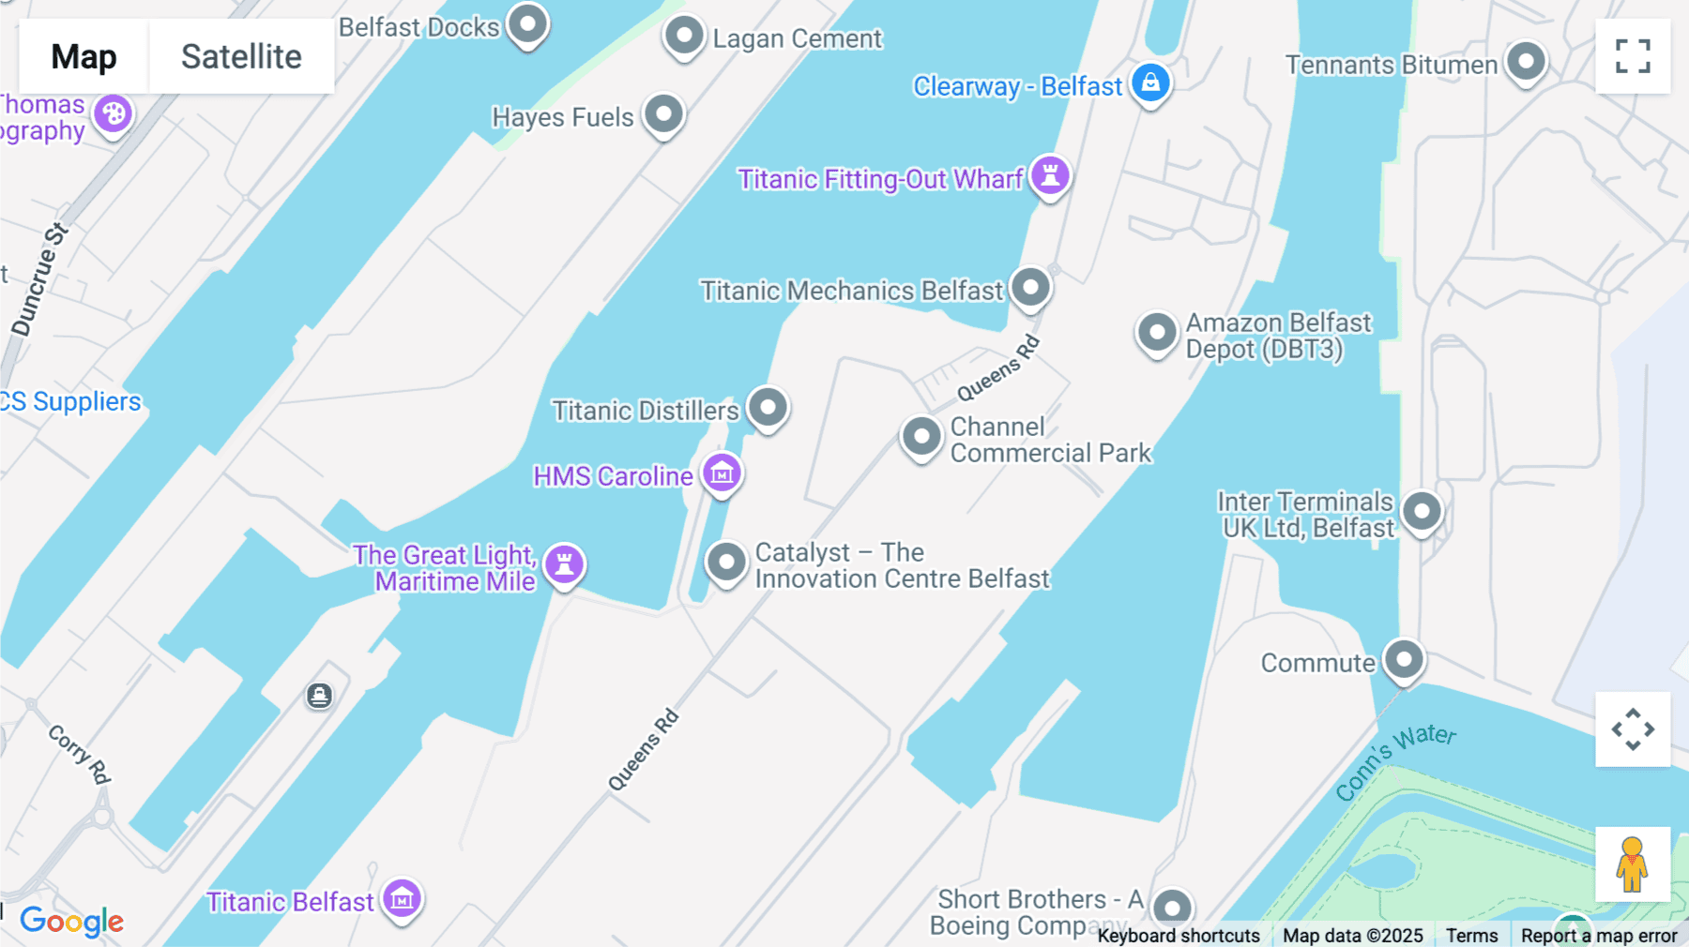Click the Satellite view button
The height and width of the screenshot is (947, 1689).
pyautogui.click(x=241, y=57)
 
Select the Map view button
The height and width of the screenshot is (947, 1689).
pyautogui.click(x=84, y=57)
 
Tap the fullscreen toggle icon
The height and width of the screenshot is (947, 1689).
pyautogui.click(x=1633, y=56)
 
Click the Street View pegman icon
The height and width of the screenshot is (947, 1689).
pyautogui.click(x=1632, y=864)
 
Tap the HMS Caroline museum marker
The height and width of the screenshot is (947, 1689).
pyautogui.click(x=722, y=473)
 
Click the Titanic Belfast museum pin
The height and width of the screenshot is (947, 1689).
pyautogui.click(x=403, y=899)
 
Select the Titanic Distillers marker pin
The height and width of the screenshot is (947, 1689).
pyautogui.click(x=768, y=408)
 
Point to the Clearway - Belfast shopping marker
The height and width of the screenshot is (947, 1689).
pyautogui.click(x=1150, y=83)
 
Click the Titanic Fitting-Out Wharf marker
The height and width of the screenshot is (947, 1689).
pyautogui.click(x=1050, y=175)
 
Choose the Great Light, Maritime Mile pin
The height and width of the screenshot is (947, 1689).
pyautogui.click(x=565, y=564)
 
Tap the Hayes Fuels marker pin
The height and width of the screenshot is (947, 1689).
pyautogui.click(x=664, y=114)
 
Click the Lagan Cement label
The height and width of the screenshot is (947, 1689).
pyautogui.click(x=797, y=39)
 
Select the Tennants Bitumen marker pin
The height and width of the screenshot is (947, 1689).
pyautogui.click(x=1526, y=62)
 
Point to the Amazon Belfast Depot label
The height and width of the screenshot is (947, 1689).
pyautogui.click(x=1277, y=336)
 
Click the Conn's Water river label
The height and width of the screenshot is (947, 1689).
pyautogui.click(x=1395, y=760)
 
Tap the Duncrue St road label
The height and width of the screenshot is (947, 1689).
pyautogui.click(x=39, y=279)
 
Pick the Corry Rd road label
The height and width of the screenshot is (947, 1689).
pyautogui.click(x=80, y=754)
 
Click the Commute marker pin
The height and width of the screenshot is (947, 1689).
pyautogui.click(x=1404, y=660)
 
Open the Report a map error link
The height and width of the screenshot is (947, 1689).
pyautogui.click(x=1598, y=936)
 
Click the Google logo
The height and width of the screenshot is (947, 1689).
pyautogui.click(x=71, y=922)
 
